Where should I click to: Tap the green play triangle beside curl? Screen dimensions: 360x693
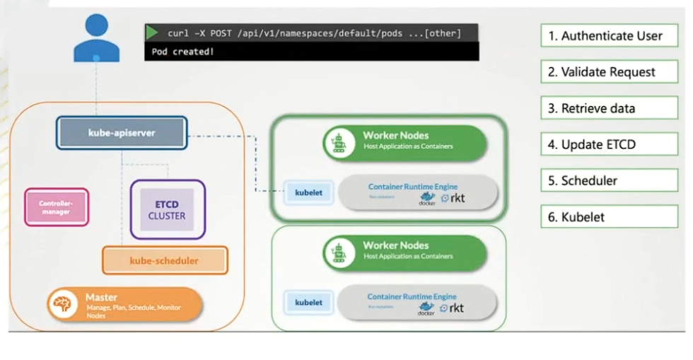click(152, 33)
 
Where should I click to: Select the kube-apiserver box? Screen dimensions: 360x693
click(122, 132)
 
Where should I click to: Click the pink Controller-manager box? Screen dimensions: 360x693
click(57, 207)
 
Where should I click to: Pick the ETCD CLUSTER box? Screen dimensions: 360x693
click(168, 209)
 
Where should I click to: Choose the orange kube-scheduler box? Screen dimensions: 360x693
click(165, 260)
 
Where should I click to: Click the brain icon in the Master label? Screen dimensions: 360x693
click(62, 304)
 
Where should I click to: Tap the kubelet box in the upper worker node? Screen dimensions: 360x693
click(308, 192)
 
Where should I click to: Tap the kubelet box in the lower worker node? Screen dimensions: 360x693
click(308, 303)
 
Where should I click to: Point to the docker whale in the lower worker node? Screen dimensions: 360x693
click(426, 307)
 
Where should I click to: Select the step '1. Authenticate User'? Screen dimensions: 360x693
click(609, 35)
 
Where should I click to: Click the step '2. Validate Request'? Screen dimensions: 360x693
click(609, 72)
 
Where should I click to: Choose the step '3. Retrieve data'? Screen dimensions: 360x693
click(609, 108)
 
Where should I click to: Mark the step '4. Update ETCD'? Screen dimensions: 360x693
click(609, 144)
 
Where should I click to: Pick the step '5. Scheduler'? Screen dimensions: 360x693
click(609, 180)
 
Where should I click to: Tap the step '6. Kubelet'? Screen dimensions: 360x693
click(609, 217)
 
